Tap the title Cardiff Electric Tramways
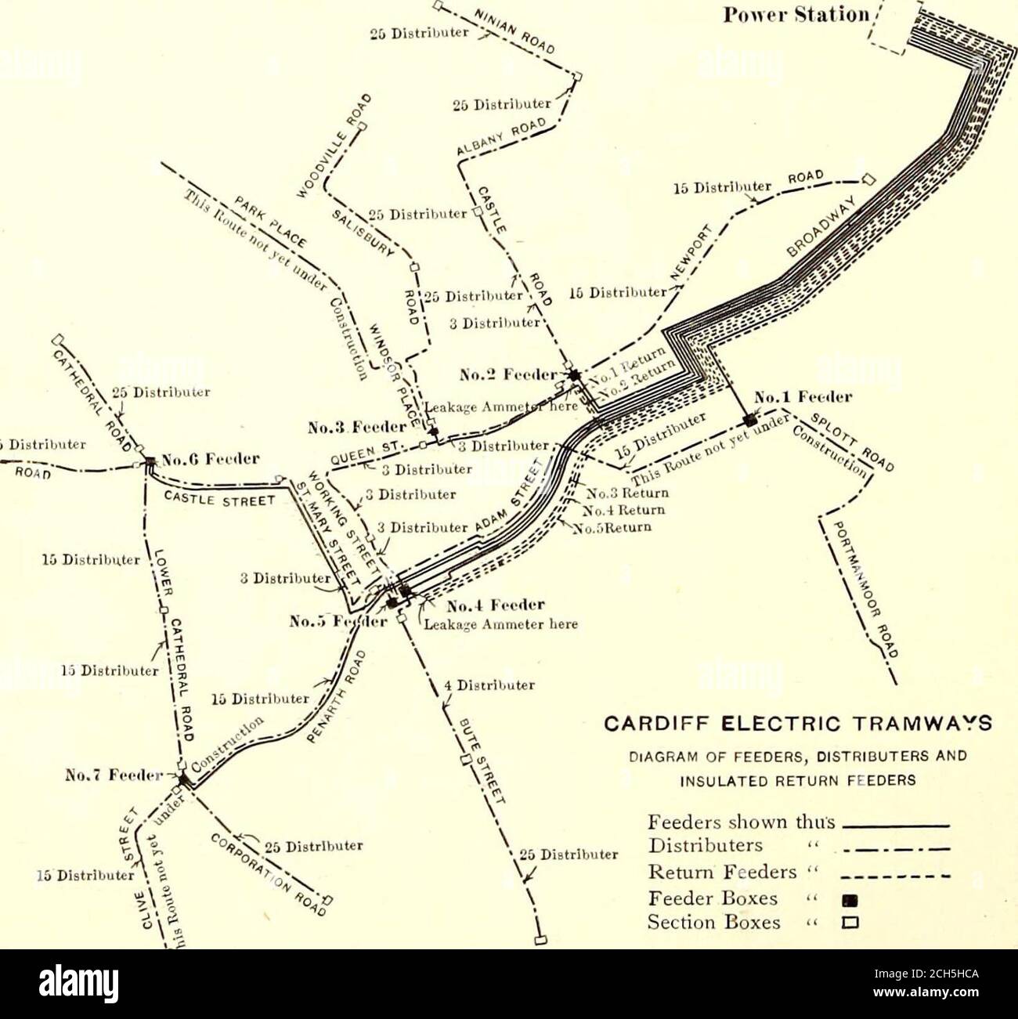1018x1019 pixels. pos(810,722)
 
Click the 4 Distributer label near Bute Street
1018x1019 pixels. pos(488,685)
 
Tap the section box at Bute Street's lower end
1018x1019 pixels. pos(540,938)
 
